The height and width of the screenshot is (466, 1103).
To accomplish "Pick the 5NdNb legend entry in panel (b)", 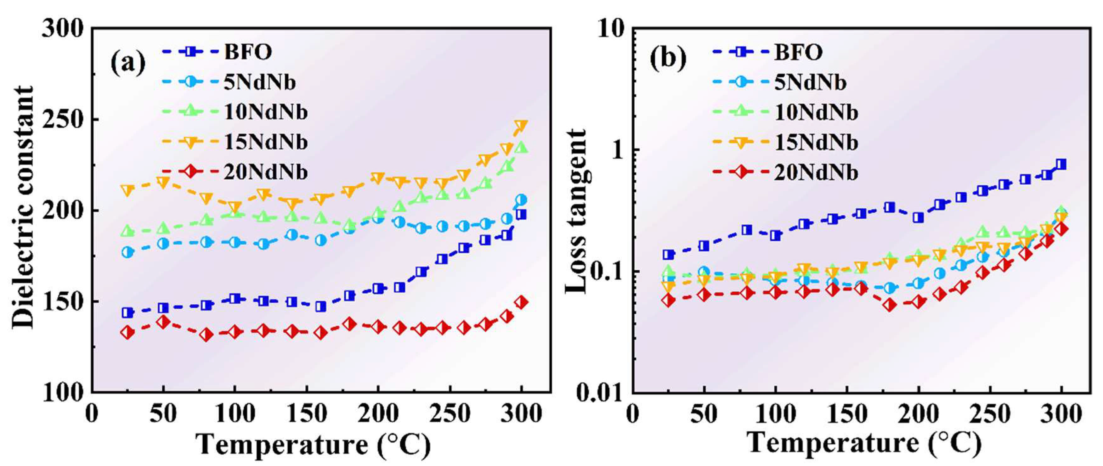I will (810, 82).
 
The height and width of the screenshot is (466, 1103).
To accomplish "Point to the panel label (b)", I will (668, 59).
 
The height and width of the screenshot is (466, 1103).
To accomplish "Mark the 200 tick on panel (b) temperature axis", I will (918, 414).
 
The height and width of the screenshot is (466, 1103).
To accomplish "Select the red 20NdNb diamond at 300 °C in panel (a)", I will (521, 302).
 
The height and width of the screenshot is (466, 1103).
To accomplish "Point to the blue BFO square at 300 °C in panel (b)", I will (1061, 164).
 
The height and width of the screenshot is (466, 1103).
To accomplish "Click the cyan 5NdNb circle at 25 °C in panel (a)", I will (127, 252).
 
